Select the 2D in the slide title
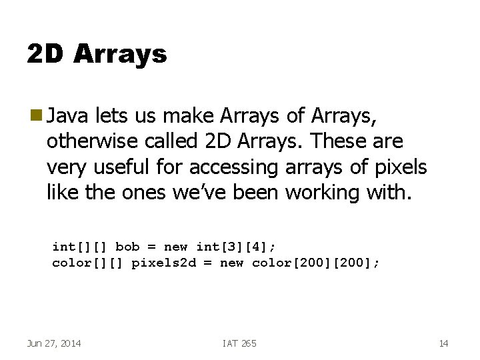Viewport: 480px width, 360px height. [45, 53]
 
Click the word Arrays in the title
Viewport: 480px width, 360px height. [120, 53]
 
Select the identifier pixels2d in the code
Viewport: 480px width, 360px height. [163, 263]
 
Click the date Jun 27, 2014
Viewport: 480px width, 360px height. [54, 343]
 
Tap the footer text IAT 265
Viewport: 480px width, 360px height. [239, 343]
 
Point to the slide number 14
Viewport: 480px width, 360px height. [443, 343]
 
